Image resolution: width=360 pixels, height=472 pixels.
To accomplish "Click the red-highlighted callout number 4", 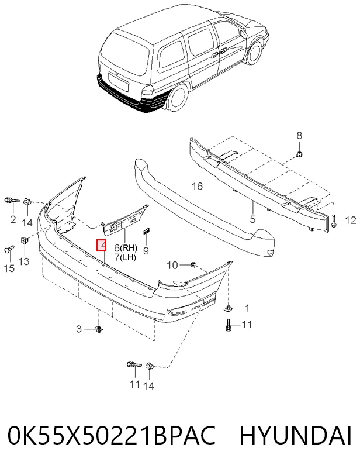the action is pos(101,245).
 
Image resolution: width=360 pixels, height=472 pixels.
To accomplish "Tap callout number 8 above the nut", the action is pos(299,136).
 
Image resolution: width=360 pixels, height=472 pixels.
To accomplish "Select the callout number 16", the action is pos(198,187).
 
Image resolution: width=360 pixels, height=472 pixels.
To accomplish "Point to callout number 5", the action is pos(252,219).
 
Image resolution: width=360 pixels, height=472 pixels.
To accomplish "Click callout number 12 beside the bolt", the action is pos(351,221).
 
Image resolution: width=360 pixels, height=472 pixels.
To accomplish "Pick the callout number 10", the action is pos(172,265).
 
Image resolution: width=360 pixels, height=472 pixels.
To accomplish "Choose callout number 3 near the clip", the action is pos(79,329).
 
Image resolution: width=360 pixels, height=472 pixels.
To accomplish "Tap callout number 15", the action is pos(9,268).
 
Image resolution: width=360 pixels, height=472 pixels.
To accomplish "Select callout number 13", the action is pos(24,261).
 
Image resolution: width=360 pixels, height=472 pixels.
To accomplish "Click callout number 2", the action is pos(13,219).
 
